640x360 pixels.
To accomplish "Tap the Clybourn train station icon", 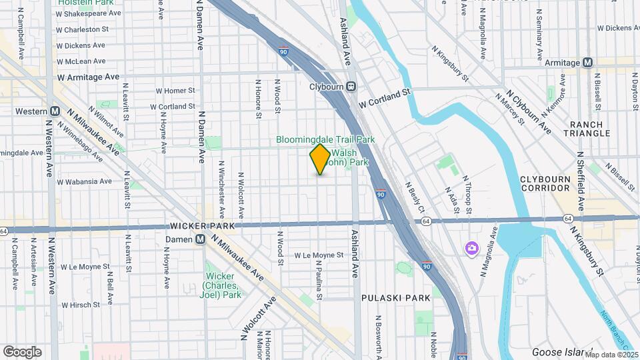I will [351, 87].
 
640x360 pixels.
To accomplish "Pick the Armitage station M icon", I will [587, 63].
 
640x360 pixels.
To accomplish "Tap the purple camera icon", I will [472, 248].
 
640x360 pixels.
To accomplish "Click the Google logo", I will [22, 351].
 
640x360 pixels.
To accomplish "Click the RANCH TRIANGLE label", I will [587, 129].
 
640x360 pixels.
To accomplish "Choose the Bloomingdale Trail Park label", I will [326, 139].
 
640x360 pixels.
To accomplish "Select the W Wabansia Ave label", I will [83, 181].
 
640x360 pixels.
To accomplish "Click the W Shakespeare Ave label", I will [89, 13].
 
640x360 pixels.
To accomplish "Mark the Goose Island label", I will [561, 352].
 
